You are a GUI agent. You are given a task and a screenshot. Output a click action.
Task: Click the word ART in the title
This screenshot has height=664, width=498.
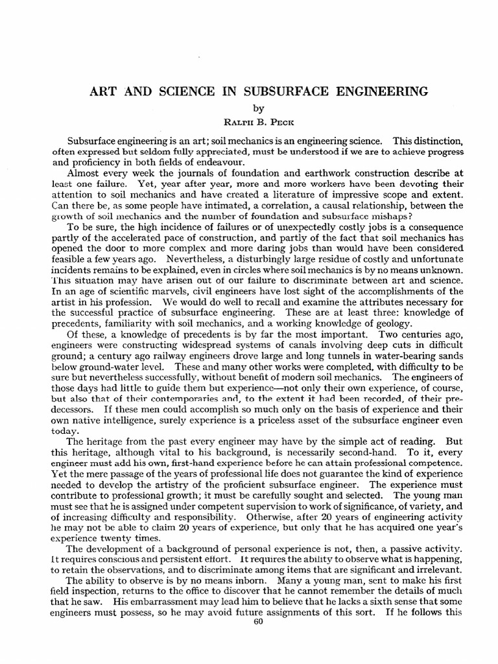[x=101, y=91]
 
